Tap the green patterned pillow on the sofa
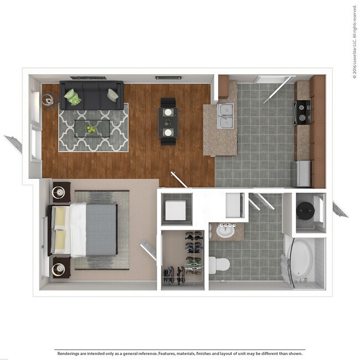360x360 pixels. pyautogui.click(x=72, y=98)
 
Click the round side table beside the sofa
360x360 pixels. pyautogui.click(x=47, y=100)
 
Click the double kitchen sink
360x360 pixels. pyautogui.click(x=225, y=115)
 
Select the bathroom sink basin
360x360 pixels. pyautogui.click(x=225, y=231)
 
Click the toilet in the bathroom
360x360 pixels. pyautogui.click(x=219, y=264)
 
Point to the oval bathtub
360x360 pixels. pyautogui.click(x=301, y=258)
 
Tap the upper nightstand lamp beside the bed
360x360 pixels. pyautogui.click(x=60, y=193)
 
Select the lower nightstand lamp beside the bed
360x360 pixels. pyautogui.click(x=60, y=270)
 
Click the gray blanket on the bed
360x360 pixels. pyautogui.click(x=101, y=230)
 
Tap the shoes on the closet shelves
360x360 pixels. pyautogui.click(x=193, y=244)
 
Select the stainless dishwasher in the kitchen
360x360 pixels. pyautogui.click(x=302, y=173)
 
